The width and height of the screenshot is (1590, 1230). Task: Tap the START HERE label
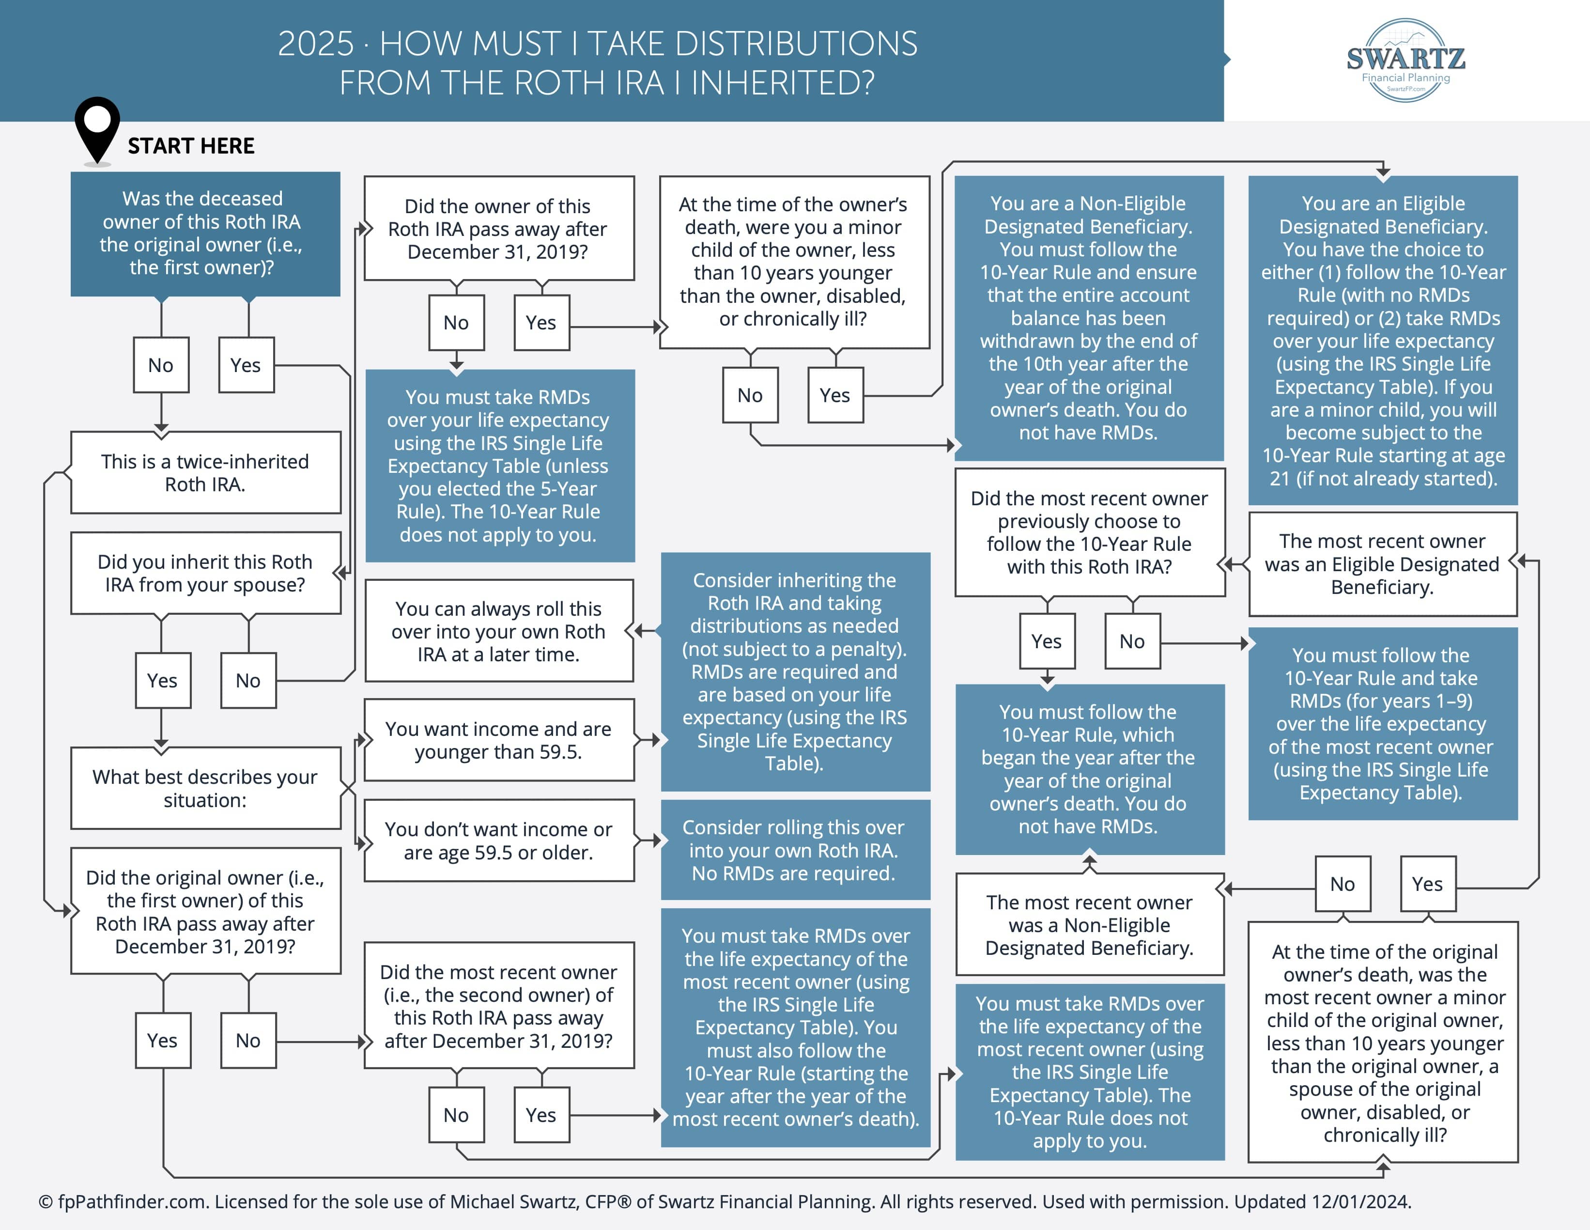pos(191,146)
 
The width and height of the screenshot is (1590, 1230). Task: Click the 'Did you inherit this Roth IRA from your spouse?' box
pos(206,573)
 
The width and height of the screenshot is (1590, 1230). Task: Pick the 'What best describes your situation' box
pos(206,788)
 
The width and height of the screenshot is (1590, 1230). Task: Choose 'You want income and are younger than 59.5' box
pos(499,740)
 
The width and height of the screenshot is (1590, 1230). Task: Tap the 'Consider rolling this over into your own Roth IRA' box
pos(796,850)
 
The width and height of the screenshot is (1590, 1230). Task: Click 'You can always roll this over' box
pos(499,631)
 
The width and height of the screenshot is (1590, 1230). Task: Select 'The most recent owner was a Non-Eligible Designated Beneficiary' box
pos(1090,925)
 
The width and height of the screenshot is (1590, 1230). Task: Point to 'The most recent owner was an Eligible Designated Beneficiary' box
pos(1383,564)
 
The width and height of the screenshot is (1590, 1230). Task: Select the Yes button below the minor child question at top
pos(835,395)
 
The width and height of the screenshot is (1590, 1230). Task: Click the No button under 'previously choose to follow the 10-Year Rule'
pos(1132,641)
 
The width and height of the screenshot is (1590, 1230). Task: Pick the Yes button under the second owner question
pos(541,1114)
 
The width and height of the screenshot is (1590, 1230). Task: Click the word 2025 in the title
pos(316,45)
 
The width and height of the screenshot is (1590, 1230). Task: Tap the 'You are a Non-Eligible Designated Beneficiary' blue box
pos(1089,318)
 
